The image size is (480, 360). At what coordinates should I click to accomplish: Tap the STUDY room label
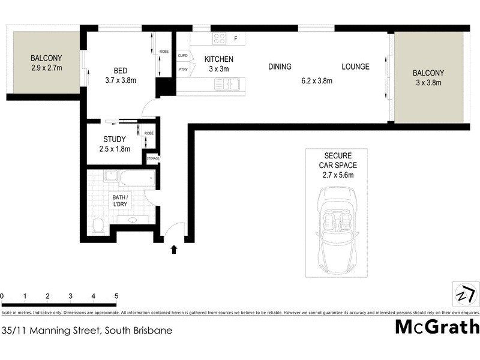tap(114, 139)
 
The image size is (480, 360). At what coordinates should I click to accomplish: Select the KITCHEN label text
tap(218, 59)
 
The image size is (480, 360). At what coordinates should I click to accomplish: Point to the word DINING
tap(280, 67)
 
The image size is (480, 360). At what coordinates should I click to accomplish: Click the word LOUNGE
tap(355, 67)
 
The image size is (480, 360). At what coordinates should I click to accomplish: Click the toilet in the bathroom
tap(99, 226)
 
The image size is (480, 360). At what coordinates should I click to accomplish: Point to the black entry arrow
tap(175, 249)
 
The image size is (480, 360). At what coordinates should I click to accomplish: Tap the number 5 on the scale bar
tap(116, 296)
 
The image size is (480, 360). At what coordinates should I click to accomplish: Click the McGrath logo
tap(437, 327)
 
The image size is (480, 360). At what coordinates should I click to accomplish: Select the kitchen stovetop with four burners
tap(219, 39)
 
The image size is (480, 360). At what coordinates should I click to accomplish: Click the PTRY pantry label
tap(183, 70)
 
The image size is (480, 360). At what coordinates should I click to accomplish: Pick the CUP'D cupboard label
tap(183, 56)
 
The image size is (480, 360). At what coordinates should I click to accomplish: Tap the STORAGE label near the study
tap(154, 159)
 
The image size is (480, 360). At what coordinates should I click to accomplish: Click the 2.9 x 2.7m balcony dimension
tap(46, 68)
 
